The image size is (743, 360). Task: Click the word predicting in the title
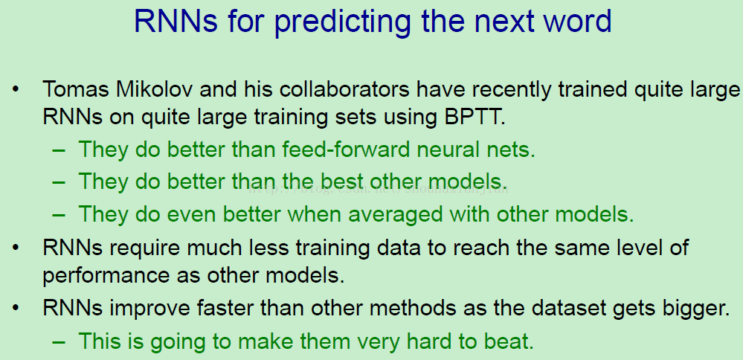[x=343, y=22]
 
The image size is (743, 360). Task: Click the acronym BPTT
[x=475, y=117]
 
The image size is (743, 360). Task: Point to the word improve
[x=149, y=309]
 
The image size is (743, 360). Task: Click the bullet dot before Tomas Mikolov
[x=16, y=89]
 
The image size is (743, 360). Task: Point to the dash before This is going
[x=59, y=342]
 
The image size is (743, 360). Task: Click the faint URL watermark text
[x=378, y=188]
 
